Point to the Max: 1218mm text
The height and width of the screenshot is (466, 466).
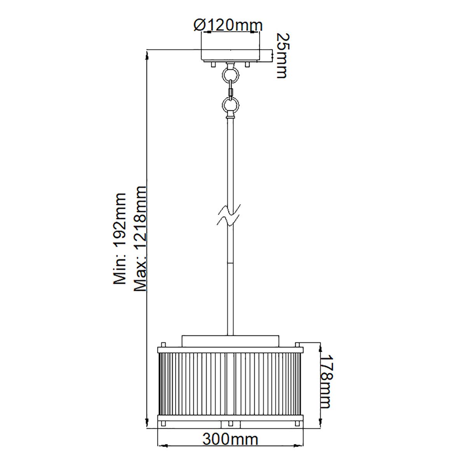coord(140,238)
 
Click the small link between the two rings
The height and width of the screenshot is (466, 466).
coord(231,91)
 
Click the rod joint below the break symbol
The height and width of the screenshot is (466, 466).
coord(230,263)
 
